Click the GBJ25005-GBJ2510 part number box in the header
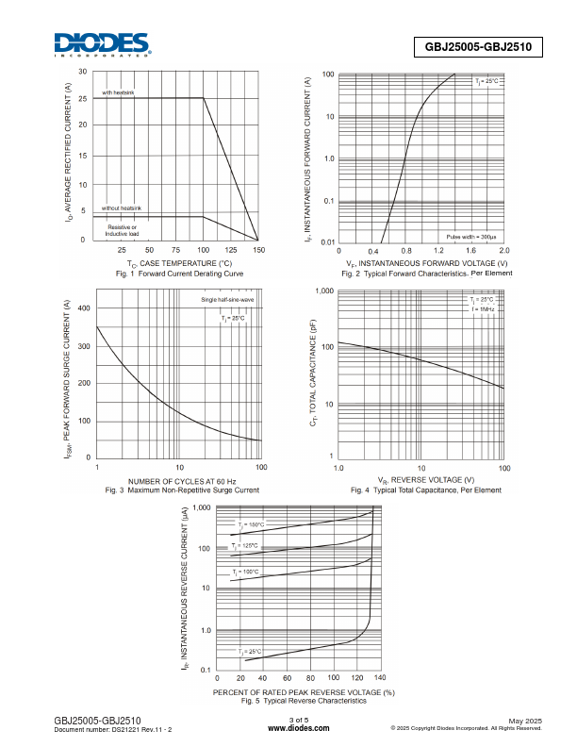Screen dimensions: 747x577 click(479, 46)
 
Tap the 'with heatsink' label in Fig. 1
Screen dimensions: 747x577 click(119, 92)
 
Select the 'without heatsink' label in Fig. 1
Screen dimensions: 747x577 click(122, 207)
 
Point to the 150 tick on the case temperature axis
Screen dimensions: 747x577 click(258, 251)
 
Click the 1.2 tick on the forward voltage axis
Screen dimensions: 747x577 click(438, 251)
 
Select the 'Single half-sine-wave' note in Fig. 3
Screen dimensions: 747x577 click(227, 300)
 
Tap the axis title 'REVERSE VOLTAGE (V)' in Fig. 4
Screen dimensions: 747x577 click(420, 480)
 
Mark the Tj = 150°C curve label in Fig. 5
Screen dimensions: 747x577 click(251, 524)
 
